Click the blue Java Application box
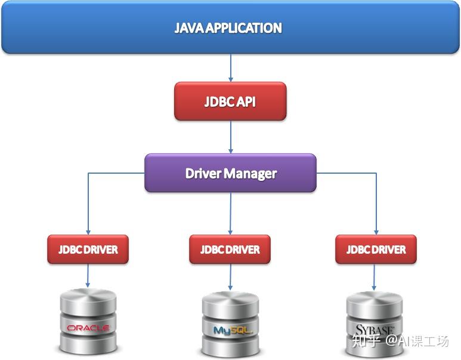[230, 28]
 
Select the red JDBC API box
[230, 101]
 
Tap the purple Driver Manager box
[230, 173]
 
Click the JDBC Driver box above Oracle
[88, 249]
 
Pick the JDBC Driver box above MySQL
[230, 249]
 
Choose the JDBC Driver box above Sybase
[376, 249]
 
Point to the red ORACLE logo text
[88, 328]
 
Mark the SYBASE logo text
[375, 329]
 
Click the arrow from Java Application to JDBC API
[230, 67]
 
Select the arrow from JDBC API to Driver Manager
[230, 137]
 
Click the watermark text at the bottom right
[400, 341]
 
